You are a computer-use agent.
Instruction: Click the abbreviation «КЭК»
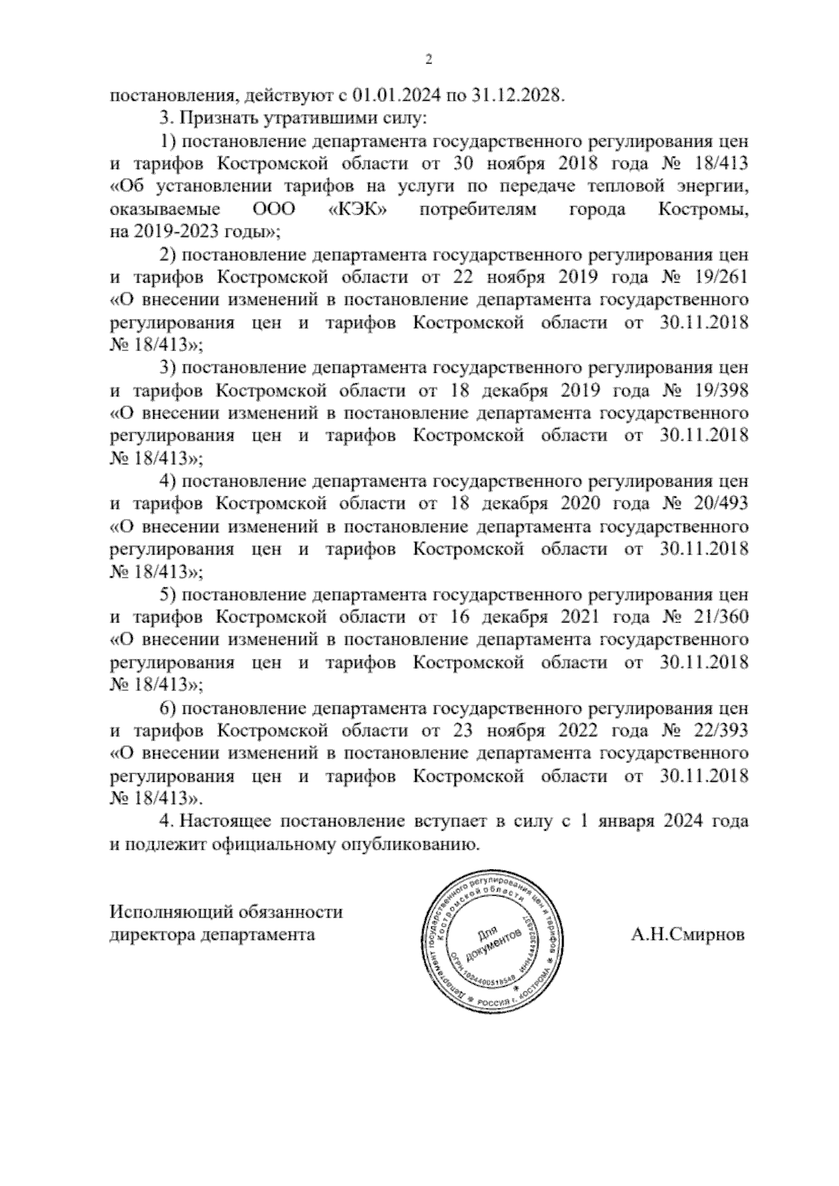(358, 209)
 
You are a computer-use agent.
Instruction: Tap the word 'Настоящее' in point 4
(227, 821)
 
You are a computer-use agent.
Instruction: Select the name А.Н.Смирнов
(687, 934)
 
